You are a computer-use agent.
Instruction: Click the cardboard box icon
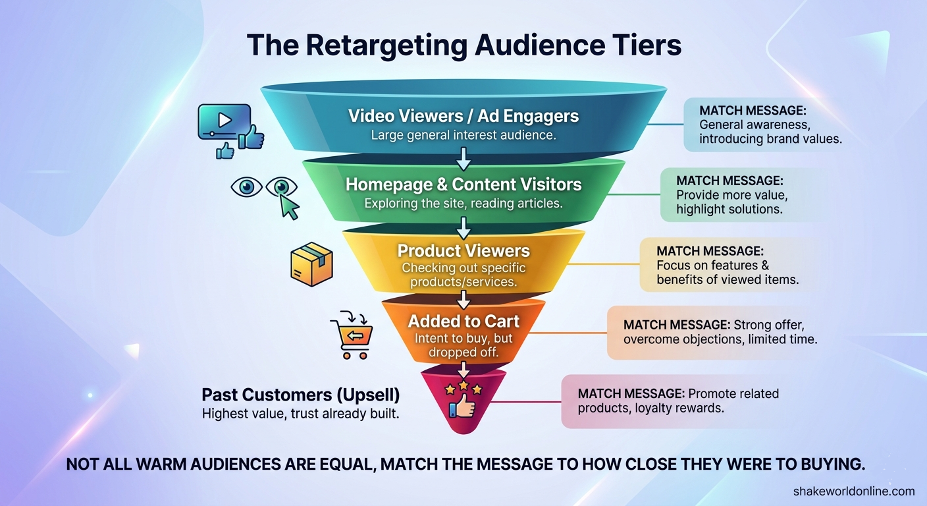(311, 264)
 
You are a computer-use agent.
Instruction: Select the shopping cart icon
(352, 335)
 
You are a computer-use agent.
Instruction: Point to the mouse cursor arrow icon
(289, 206)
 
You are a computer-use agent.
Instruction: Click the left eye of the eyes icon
(247, 186)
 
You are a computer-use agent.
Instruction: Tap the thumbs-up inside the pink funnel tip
(462, 406)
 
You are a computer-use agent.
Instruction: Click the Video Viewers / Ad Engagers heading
(463, 116)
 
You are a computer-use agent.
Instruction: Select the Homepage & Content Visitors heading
(463, 184)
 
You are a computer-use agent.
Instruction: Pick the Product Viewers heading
(463, 251)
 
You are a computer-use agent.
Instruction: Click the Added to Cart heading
(463, 322)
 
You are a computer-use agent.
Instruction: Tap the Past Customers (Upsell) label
(301, 395)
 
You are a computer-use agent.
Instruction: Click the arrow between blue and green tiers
(463, 159)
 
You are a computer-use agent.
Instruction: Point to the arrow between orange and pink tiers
(463, 370)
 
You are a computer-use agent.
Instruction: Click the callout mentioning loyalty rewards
(679, 401)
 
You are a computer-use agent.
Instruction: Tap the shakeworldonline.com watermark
(854, 492)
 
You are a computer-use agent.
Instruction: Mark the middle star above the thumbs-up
(463, 385)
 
